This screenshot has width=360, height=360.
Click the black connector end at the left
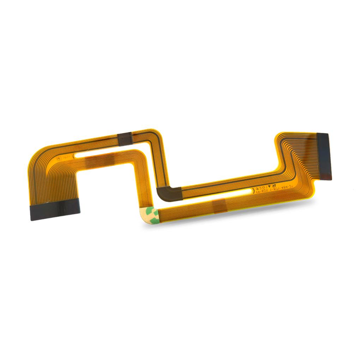(x=55, y=209)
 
